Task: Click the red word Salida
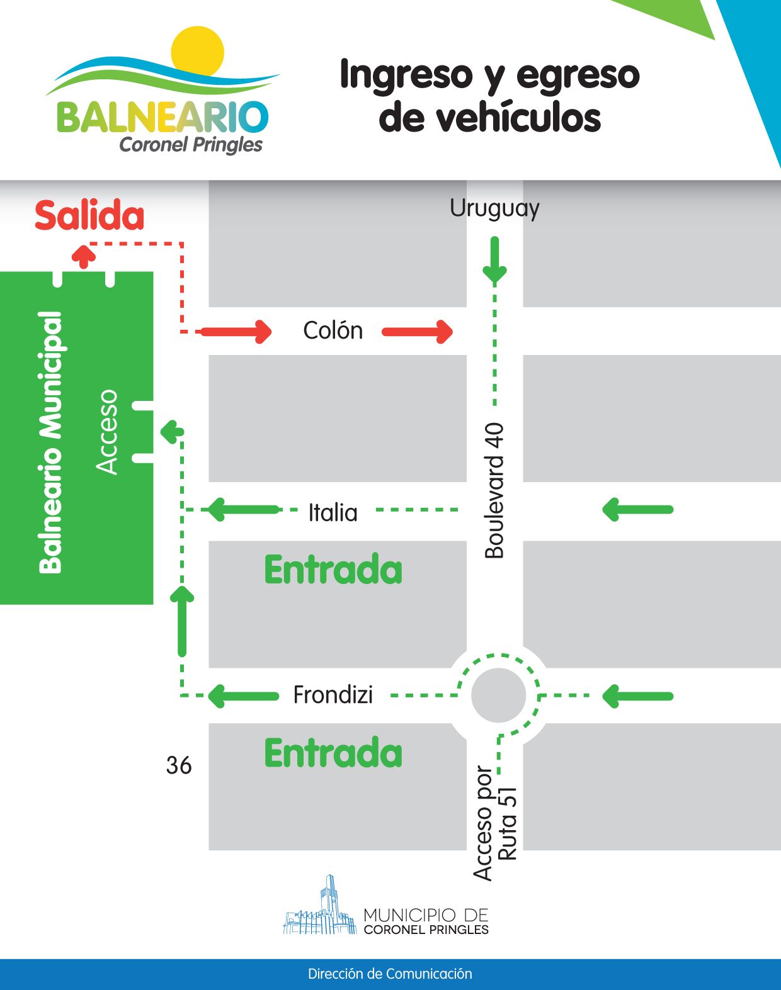click(x=89, y=215)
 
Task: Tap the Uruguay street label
click(x=494, y=208)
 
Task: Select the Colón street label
click(x=333, y=330)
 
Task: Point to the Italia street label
click(x=333, y=512)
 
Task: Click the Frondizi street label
click(x=333, y=695)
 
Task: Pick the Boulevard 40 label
click(x=494, y=490)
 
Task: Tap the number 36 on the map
click(x=179, y=765)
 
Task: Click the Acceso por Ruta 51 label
click(x=495, y=823)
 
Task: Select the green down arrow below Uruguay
click(x=494, y=260)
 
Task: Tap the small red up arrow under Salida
click(x=84, y=257)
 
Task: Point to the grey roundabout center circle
click(x=498, y=695)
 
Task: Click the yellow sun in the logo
click(x=198, y=50)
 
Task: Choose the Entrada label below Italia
click(x=333, y=570)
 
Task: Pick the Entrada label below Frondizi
click(x=333, y=753)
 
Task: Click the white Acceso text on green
click(x=107, y=432)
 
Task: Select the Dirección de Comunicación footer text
click(x=390, y=974)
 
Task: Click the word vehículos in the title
click(x=489, y=117)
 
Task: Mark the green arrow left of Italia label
click(x=243, y=510)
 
